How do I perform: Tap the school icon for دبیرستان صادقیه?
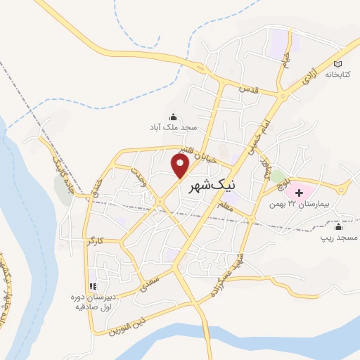click(x=91, y=285)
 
